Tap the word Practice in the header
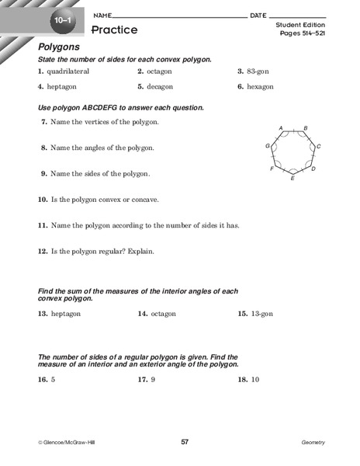click(x=114, y=30)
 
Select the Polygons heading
click(x=60, y=47)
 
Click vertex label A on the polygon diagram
click(x=280, y=127)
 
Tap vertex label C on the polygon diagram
click(x=319, y=146)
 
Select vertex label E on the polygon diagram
click(x=292, y=179)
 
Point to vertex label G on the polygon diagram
click(x=268, y=146)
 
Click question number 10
click(x=43, y=200)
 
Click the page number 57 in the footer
click(x=184, y=442)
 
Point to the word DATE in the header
click(x=258, y=16)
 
